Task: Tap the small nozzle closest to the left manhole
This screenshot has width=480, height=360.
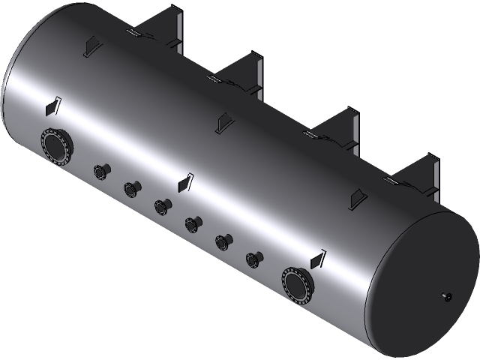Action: (x=100, y=171)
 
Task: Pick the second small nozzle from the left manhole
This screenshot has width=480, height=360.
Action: (x=132, y=188)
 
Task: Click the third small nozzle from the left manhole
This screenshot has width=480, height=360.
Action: (x=161, y=205)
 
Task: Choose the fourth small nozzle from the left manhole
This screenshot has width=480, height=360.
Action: (x=192, y=223)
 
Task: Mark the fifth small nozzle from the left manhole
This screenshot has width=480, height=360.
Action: (x=222, y=241)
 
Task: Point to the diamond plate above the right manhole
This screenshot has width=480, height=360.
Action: (x=317, y=259)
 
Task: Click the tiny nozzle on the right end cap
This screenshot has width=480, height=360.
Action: (x=448, y=296)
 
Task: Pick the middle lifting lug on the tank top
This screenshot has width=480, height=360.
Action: (x=221, y=122)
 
